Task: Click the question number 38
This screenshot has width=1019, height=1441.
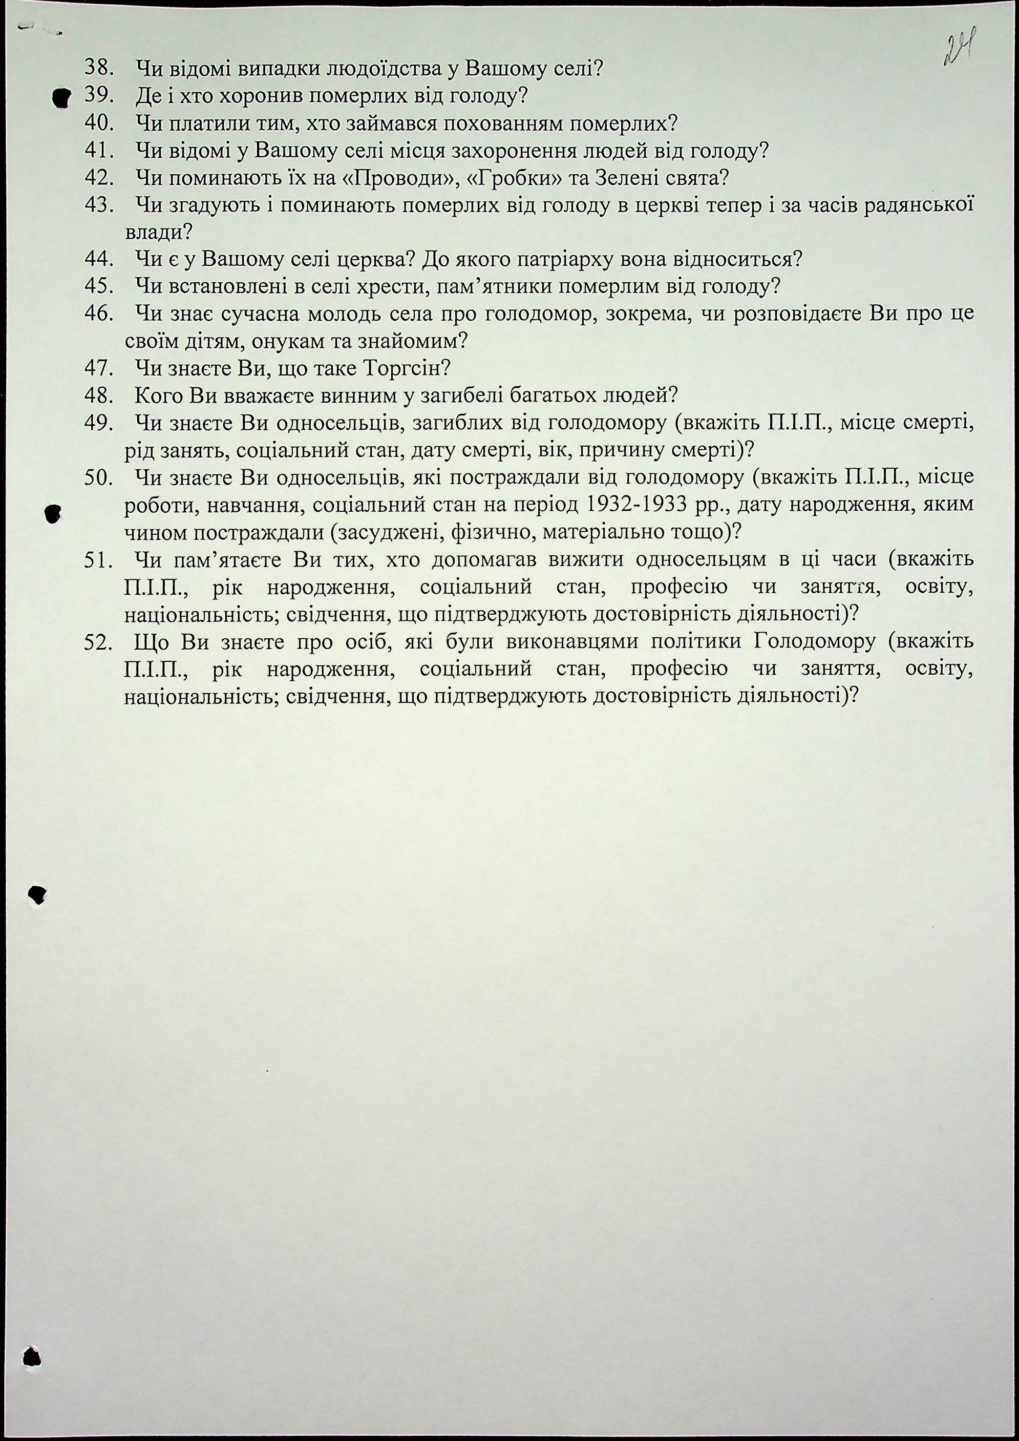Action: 98,67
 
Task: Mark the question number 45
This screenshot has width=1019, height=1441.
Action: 98,286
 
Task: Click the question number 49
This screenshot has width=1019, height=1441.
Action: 98,424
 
